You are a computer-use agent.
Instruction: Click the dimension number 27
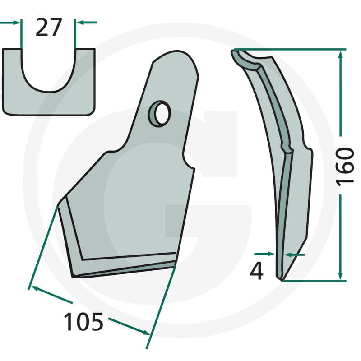coord(49,27)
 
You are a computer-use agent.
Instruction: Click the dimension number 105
coord(83,322)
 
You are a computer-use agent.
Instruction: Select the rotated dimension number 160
coord(345,165)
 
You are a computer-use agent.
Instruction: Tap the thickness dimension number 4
coord(256,271)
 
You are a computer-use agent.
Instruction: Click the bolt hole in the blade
coord(162,114)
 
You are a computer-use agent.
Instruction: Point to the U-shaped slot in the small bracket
coord(48,71)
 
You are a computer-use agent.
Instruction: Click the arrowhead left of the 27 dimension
coord(16,23)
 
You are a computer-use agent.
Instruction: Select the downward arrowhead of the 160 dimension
coord(341,276)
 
